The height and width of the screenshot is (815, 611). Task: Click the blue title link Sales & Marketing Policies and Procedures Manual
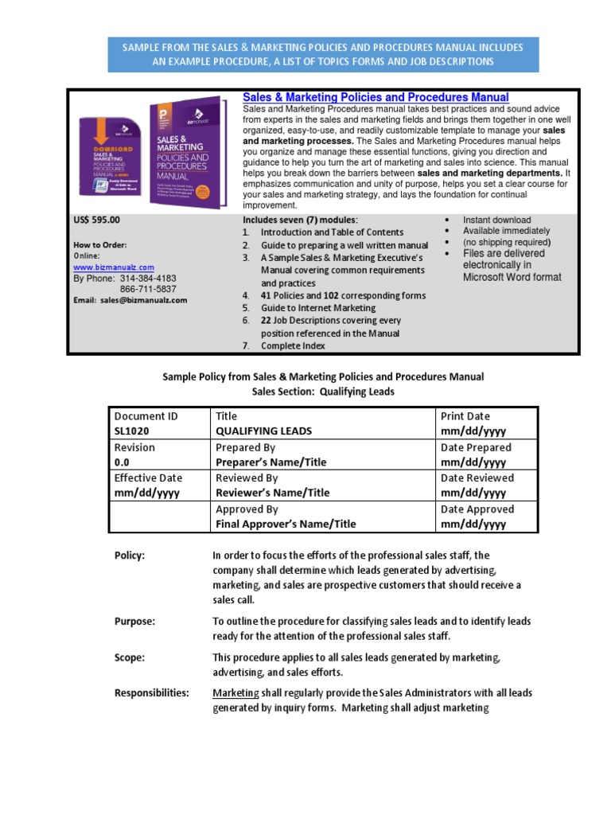376,97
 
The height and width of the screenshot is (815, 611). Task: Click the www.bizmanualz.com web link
114,267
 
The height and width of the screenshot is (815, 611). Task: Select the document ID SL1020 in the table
132,431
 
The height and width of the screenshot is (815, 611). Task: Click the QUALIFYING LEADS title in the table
264,431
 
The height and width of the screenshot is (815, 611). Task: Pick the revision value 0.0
122,462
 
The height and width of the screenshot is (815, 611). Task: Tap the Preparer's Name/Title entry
270,462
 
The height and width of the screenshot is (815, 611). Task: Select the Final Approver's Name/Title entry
286,524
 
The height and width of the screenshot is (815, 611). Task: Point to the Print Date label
465,415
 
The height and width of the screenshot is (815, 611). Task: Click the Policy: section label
130,556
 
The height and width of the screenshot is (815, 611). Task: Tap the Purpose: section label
134,621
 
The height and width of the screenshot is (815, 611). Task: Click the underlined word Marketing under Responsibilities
235,693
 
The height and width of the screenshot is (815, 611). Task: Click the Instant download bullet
496,220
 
